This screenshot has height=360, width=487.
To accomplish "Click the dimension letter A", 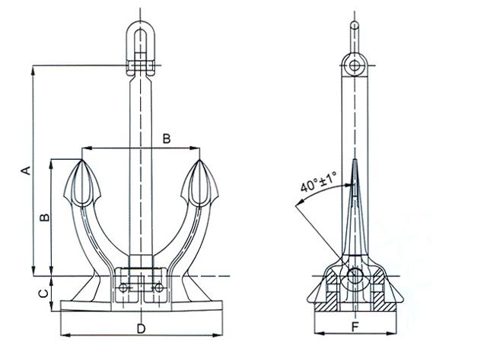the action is coord(27,170).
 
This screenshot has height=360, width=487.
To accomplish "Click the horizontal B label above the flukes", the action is coord(167,139).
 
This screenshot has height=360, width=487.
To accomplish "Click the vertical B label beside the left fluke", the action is coord(45,217).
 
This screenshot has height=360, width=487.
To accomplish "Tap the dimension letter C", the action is coord(44,293).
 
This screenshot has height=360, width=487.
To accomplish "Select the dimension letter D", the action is coord(141,329).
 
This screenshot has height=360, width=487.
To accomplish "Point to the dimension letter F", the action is coord(355,327).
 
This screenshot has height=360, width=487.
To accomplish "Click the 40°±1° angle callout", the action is coord(318,182).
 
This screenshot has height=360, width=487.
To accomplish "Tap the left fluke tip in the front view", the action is coord(82,160).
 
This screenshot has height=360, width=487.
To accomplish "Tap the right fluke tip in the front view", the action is coord(199,160).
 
